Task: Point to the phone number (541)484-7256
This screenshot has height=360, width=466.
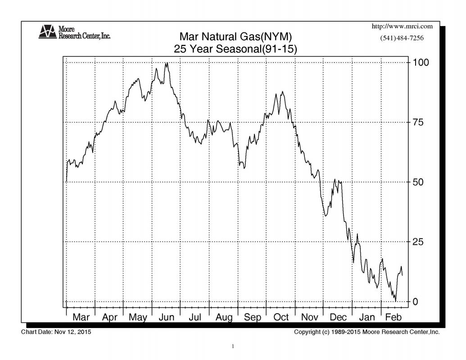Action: tap(402, 38)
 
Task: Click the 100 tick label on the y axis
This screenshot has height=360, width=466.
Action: tap(421, 62)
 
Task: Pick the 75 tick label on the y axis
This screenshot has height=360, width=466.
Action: tap(419, 122)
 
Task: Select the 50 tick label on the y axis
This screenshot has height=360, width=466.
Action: tap(419, 182)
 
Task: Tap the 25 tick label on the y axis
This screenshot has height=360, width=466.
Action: tap(419, 242)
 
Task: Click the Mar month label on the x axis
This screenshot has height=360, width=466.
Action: tap(81, 317)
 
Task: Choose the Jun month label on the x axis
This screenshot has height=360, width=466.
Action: tap(167, 317)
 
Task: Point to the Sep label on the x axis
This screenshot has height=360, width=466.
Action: tap(253, 317)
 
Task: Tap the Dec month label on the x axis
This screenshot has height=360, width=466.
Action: tap(338, 317)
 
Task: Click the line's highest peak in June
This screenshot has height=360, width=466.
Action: tap(167, 63)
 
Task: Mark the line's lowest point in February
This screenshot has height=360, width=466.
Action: tap(395, 301)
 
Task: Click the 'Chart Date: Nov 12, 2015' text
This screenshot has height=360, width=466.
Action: tap(56, 332)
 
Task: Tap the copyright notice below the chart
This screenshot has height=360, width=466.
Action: tap(366, 332)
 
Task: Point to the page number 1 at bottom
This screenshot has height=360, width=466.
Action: tap(233, 346)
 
